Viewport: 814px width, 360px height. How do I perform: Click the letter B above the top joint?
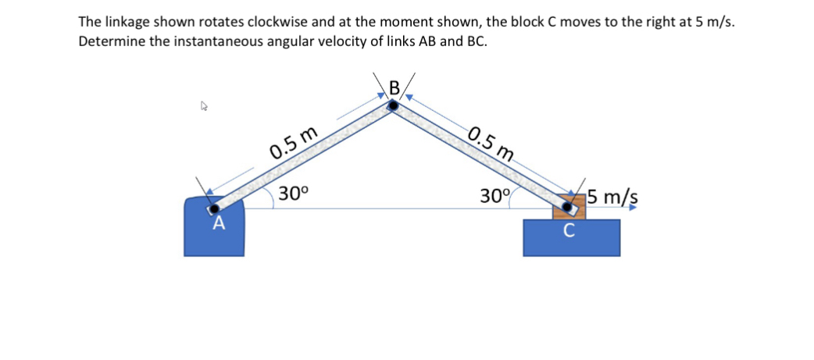click(394, 87)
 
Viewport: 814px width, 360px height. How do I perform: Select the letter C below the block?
click(569, 230)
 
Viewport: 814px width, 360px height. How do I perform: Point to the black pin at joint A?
click(214, 209)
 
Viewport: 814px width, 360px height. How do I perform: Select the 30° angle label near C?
click(495, 195)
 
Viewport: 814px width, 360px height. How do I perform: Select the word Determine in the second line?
click(111, 41)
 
